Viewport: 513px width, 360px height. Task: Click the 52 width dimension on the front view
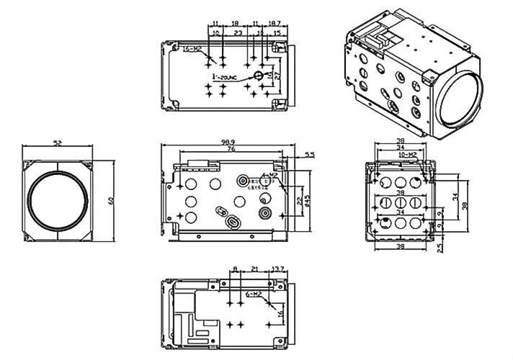click(x=58, y=144)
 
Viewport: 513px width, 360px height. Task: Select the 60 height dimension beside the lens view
click(x=112, y=200)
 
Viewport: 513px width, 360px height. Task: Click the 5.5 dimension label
click(x=310, y=154)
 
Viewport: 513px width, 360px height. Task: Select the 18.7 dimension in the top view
click(x=275, y=24)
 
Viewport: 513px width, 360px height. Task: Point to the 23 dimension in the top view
click(x=237, y=33)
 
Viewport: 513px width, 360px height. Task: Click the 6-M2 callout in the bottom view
click(x=254, y=294)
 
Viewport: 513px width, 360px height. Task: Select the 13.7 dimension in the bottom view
click(x=278, y=269)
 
